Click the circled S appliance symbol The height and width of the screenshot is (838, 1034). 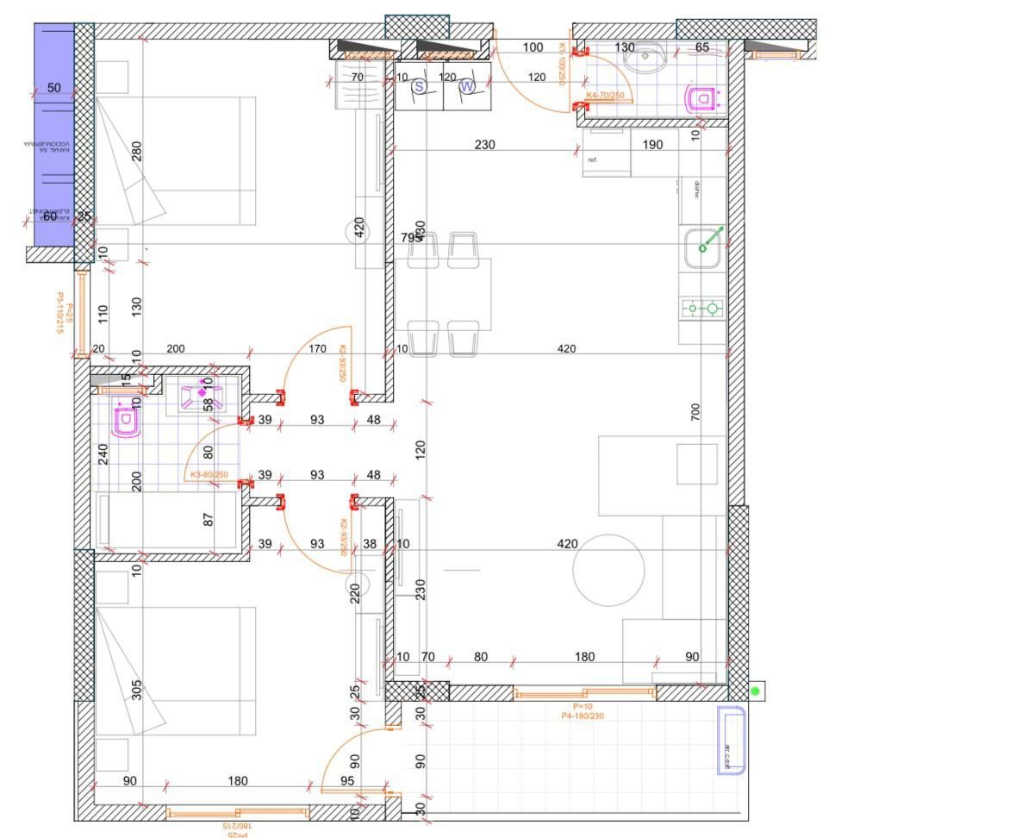tap(420, 86)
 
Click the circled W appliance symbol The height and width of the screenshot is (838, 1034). tap(467, 86)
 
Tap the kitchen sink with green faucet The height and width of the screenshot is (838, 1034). tap(702, 248)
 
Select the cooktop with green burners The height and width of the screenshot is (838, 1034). tap(702, 308)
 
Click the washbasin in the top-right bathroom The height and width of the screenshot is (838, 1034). tap(643, 60)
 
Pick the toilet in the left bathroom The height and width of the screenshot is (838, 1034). tap(126, 422)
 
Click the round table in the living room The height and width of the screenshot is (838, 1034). tap(609, 570)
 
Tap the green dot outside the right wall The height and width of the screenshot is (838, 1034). tap(756, 691)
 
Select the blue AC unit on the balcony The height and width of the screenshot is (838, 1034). tap(730, 741)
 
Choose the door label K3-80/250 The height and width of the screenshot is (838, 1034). tap(209, 475)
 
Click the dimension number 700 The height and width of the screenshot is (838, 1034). tap(695, 411)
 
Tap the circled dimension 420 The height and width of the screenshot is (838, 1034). tap(359, 230)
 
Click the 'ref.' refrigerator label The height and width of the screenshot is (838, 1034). tap(593, 160)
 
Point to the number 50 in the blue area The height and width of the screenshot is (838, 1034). tap(53, 88)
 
